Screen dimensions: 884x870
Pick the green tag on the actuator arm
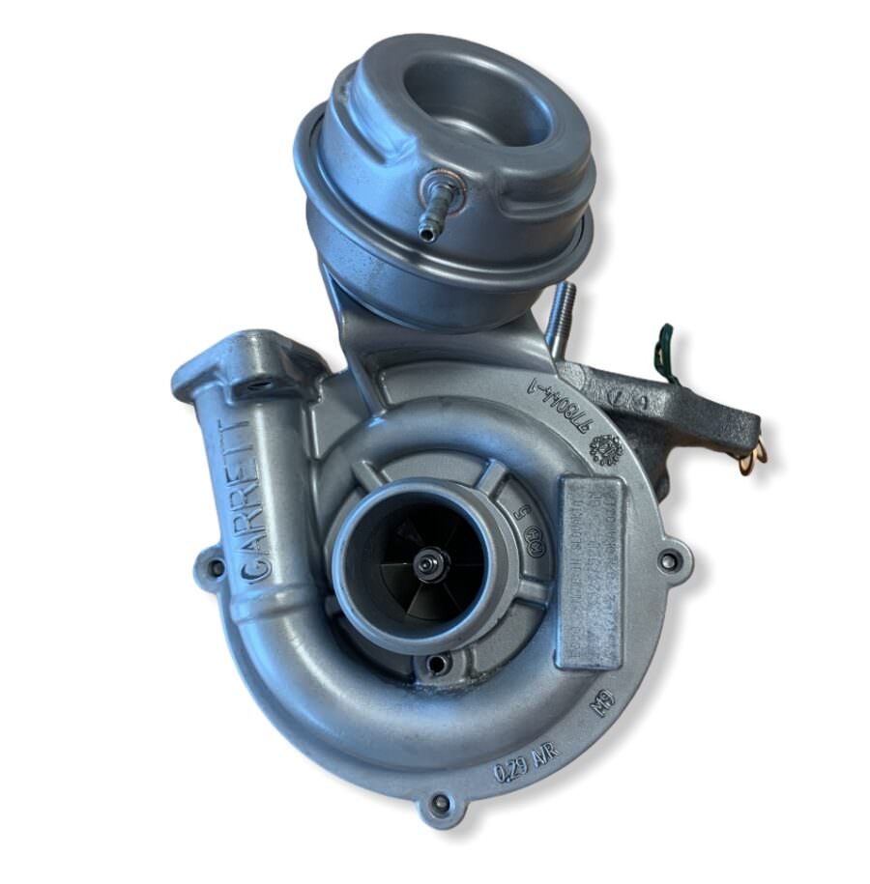click(x=664, y=354)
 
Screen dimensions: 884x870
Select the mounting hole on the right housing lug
click(x=667, y=558)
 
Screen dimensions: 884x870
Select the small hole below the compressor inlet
click(x=438, y=664)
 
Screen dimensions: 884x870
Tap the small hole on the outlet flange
click(x=255, y=385)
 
